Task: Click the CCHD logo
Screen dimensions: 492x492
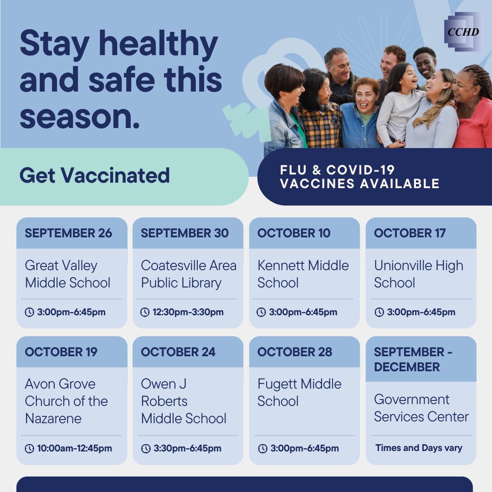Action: pyautogui.click(x=463, y=32)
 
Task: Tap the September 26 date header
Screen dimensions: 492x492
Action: pyautogui.click(x=68, y=233)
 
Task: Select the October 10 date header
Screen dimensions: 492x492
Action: pyautogui.click(x=294, y=233)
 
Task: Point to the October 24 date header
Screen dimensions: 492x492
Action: pyautogui.click(x=178, y=352)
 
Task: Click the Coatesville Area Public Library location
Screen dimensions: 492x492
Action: pyautogui.click(x=189, y=274)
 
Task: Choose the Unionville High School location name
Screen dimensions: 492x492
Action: pyautogui.click(x=419, y=274)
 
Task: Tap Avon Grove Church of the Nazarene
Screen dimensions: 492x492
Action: pyautogui.click(x=66, y=401)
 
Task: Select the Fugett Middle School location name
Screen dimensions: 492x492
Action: pyautogui.click(x=299, y=392)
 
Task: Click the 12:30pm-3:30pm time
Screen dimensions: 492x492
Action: pyautogui.click(x=188, y=312)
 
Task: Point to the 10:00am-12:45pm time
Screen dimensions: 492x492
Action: pyautogui.click(x=74, y=448)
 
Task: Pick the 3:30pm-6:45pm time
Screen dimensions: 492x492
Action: pyautogui.click(x=187, y=448)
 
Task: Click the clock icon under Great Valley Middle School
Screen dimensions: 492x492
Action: pyautogui.click(x=30, y=312)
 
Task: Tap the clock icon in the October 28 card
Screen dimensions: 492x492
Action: pyautogui.click(x=263, y=449)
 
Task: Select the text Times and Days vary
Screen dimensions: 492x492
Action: pyautogui.click(x=419, y=448)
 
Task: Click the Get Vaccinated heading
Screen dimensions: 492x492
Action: pyautogui.click(x=94, y=175)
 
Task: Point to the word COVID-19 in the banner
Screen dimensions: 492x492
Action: pyautogui.click(x=360, y=170)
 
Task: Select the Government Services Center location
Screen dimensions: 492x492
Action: pyautogui.click(x=421, y=408)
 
